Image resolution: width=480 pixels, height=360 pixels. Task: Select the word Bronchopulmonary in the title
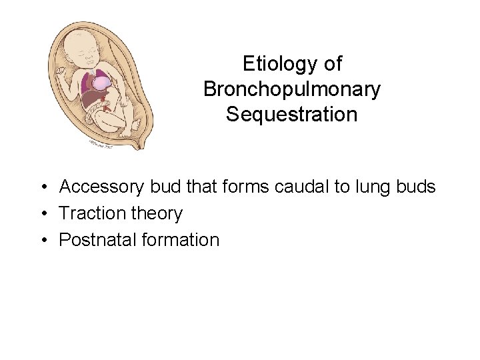[291, 89]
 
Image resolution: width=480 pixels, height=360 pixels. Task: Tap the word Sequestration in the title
[291, 115]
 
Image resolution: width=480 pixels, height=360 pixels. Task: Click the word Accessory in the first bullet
[102, 187]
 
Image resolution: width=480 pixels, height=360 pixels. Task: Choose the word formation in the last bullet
[180, 239]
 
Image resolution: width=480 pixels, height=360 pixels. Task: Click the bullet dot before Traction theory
[42, 214]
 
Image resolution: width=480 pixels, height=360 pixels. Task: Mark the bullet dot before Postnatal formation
[42, 240]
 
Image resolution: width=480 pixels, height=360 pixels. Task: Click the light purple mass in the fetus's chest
[101, 83]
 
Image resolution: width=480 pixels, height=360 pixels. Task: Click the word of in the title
[332, 64]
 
